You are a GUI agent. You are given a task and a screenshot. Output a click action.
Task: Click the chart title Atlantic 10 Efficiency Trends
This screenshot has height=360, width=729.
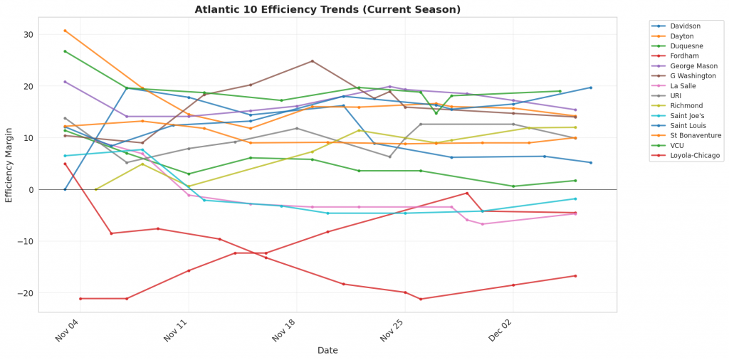(x=327, y=9)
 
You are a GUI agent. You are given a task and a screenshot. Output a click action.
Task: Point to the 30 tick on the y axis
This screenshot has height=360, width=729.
(x=28, y=35)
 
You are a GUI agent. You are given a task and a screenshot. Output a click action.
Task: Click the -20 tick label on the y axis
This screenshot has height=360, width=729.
(x=26, y=293)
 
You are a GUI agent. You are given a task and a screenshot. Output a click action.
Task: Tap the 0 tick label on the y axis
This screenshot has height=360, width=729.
(x=30, y=190)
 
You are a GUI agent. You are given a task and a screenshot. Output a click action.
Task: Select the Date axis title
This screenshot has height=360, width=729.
(x=327, y=350)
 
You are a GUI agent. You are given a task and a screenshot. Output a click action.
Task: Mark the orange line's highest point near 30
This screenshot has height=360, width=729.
(x=65, y=31)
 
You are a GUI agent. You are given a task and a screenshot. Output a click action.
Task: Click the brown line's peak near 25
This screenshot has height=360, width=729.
(x=312, y=61)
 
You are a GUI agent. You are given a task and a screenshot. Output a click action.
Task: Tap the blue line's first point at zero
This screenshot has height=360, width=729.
(x=65, y=189)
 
